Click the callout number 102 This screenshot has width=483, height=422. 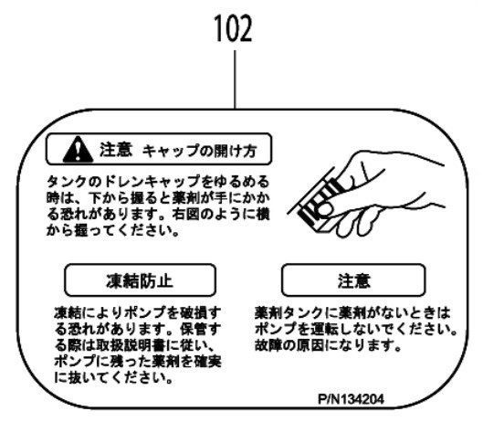point(233,28)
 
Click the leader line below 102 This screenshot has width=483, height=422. point(235,79)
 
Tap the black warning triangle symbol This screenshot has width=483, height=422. point(78,150)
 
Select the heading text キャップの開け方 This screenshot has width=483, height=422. point(200,151)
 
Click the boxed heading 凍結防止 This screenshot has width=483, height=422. point(140,280)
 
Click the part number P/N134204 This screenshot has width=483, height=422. point(351,399)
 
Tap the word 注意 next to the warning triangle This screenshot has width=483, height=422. point(116,150)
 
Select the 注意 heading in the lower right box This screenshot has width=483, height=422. point(354,281)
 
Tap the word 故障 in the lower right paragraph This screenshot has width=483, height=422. point(268,345)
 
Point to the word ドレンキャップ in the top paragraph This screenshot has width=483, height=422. point(151,182)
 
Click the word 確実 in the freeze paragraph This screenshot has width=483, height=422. point(207,362)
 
